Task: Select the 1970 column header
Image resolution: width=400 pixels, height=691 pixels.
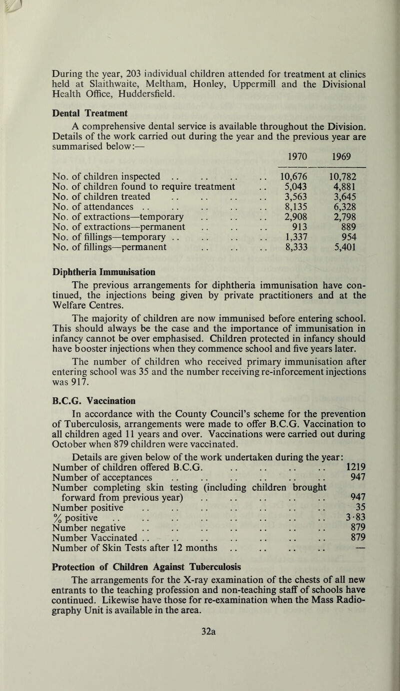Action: pos(290,156)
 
